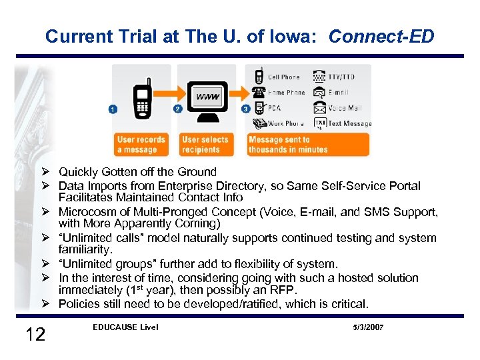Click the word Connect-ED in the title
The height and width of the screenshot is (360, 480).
tap(381, 36)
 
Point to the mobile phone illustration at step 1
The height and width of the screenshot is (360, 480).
tap(141, 100)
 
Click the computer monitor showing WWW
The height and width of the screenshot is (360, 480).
tap(207, 101)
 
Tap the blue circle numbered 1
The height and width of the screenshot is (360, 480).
tap(113, 109)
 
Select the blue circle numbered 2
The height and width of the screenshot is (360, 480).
tap(177, 109)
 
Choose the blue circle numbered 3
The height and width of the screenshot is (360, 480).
tap(246, 109)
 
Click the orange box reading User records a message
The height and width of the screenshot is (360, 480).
tap(141, 144)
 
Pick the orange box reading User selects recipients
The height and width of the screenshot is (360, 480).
tap(205, 144)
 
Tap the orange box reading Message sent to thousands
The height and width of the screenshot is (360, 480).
tap(307, 144)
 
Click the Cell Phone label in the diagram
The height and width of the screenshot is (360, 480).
tap(283, 77)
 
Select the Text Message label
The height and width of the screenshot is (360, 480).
tap(349, 123)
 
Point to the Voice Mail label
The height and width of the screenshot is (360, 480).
tap(345, 108)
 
